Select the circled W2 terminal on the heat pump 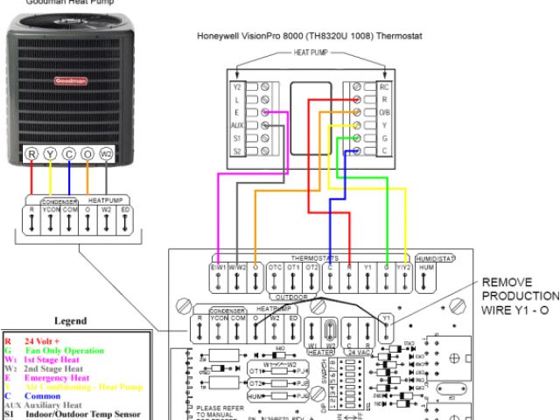[107, 154]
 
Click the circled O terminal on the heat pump [87, 154]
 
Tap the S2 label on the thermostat [235, 151]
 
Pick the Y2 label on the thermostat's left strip [235, 87]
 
